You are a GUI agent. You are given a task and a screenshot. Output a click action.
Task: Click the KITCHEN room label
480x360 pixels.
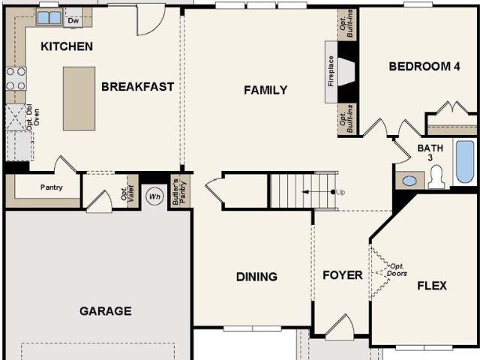point(67,46)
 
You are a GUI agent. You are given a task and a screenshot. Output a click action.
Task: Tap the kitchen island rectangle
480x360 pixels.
point(79,98)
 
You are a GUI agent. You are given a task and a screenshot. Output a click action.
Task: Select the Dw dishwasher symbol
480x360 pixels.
point(73,20)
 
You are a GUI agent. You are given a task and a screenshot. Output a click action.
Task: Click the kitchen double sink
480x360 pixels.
point(49,17)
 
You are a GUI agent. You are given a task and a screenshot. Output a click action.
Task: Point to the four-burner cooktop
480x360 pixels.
point(16,79)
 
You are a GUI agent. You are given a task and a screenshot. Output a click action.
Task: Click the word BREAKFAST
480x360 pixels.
point(137,86)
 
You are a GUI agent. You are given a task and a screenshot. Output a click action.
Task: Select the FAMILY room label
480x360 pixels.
point(265,90)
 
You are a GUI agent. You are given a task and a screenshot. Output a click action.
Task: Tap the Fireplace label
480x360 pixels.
point(329,72)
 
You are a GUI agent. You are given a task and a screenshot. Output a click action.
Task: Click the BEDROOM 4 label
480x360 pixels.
point(424,66)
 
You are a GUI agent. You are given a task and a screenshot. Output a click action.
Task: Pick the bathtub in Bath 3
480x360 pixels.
point(465,161)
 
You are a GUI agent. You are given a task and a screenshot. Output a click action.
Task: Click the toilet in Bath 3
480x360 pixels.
point(437,177)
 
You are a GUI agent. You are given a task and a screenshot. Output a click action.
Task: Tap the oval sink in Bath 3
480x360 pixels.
point(409,181)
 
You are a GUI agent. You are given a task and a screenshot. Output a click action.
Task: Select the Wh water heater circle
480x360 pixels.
point(155,197)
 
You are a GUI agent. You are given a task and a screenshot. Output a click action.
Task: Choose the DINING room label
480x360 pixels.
point(256,277)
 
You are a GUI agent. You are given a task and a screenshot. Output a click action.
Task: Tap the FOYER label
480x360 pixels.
point(342,275)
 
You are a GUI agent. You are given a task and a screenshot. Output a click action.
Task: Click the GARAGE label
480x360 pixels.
point(106,310)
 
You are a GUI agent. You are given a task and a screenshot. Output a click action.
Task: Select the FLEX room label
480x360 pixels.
point(431,286)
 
